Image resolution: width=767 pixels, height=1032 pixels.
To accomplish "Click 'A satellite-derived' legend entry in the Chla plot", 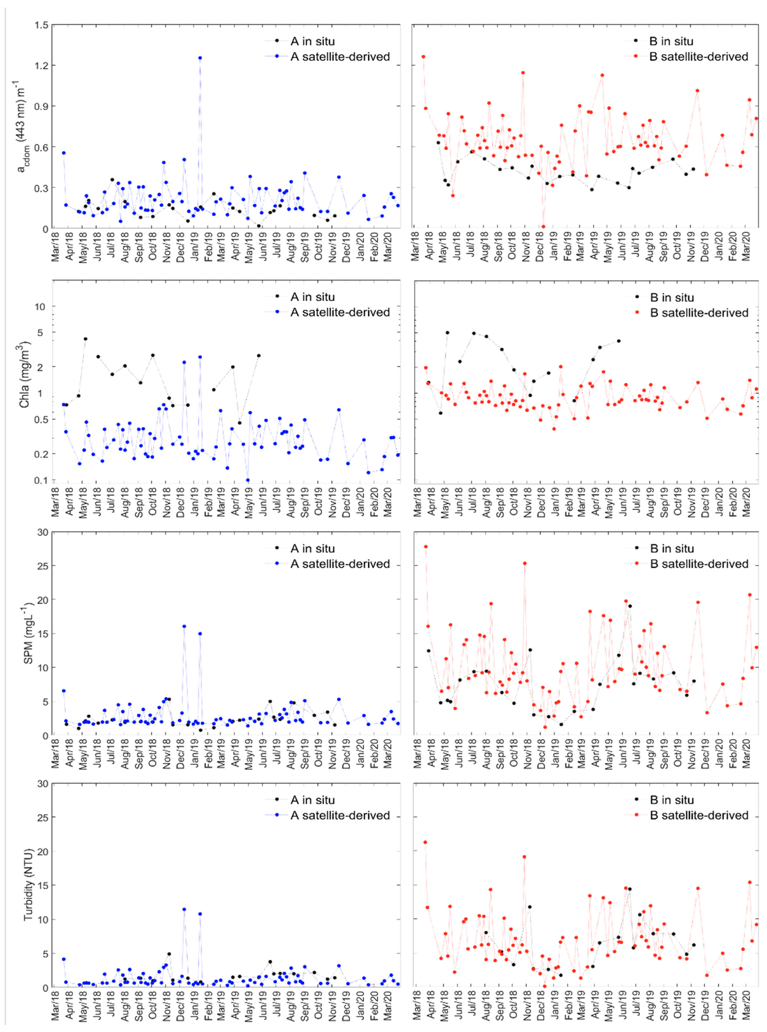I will [340, 312].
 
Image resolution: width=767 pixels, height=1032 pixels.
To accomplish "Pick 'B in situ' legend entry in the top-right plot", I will [671, 41].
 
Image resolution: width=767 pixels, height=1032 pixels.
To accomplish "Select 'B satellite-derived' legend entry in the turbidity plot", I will [699, 815].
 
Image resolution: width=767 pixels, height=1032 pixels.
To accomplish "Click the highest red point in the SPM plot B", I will [425, 547].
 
